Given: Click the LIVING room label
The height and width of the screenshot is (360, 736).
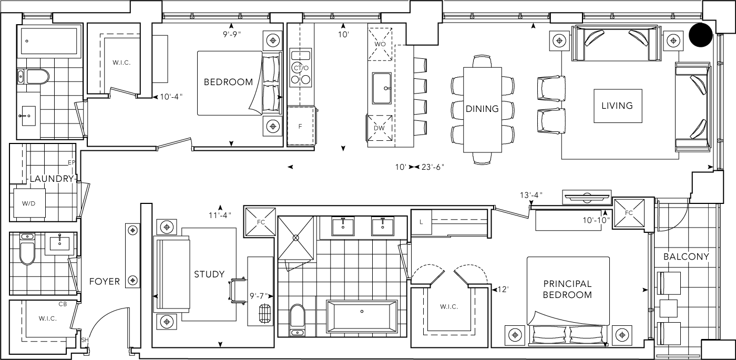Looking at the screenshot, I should tap(617, 106).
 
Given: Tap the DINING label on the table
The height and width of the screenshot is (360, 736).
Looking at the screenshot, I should tap(482, 109).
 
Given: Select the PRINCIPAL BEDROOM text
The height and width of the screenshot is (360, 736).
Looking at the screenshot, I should tap(567, 290).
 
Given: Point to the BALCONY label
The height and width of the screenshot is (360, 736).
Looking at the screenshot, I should tap(686, 257).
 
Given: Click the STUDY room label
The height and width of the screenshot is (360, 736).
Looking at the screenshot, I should tap(209, 274).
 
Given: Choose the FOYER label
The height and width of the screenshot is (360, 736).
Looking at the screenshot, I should tap(104, 281).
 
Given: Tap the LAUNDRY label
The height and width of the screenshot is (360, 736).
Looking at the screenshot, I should tap(51, 179).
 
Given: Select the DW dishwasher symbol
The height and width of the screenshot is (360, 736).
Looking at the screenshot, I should tap(380, 128).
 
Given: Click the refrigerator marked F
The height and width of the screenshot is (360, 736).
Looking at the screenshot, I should tap(300, 127).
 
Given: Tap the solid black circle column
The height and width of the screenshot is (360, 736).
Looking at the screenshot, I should tap(700, 35).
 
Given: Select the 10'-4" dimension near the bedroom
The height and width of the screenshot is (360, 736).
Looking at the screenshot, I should tap(171, 97).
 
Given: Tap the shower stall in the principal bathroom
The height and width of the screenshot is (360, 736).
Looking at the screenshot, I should tap(296, 237).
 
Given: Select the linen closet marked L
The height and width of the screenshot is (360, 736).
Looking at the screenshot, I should tap(422, 222).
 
